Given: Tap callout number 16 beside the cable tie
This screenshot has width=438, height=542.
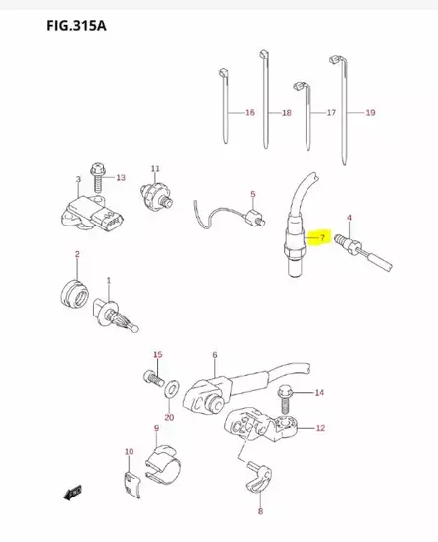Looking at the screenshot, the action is tap(249, 113).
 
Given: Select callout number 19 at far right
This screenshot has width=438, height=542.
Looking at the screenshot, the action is tap(369, 113).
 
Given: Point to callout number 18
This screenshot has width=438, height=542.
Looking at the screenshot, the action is tap(286, 113).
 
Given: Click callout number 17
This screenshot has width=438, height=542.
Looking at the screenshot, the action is tap(329, 113).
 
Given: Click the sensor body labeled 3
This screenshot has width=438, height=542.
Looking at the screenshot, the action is tap(90, 217).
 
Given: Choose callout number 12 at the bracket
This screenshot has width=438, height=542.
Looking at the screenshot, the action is tap(320, 428).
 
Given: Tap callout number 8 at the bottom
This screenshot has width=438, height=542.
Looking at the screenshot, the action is tap(260, 511).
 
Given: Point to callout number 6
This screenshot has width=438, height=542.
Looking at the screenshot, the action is tap(214, 354).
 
